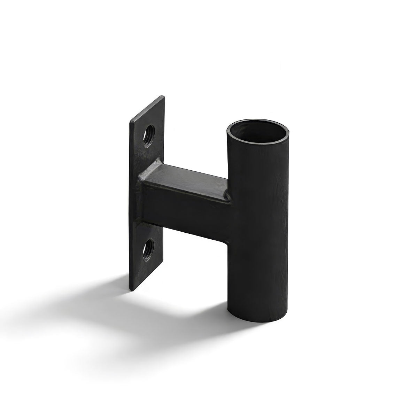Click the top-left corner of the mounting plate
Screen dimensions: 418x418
click(x=131, y=122)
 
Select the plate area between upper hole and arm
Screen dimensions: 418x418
click(x=150, y=153)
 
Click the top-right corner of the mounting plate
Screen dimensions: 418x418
click(x=162, y=97)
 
